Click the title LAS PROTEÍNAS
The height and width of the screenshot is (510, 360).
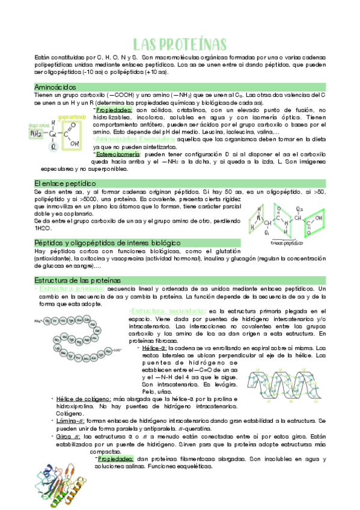(180, 45)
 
